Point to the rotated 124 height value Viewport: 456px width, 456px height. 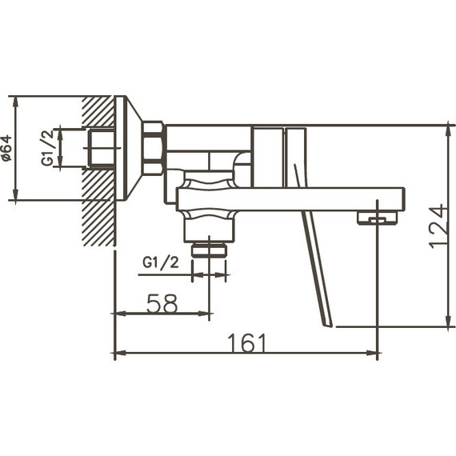coord(437,226)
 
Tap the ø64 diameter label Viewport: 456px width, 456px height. coord(7,149)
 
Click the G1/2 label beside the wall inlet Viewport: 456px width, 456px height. coord(49,148)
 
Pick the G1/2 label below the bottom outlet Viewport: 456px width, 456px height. coord(159,262)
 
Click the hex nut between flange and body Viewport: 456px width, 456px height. coord(153,149)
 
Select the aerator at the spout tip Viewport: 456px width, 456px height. coord(378,217)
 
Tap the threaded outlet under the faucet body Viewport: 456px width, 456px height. coord(210,249)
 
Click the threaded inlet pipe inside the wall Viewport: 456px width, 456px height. coord(101,148)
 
